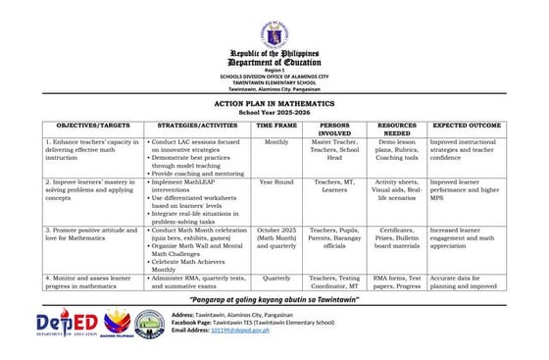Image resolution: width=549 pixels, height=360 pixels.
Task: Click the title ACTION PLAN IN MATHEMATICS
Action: [x=274, y=102]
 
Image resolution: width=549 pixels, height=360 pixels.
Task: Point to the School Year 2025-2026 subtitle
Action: [x=274, y=114]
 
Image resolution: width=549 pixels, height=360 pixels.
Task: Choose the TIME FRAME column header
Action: [x=276, y=127]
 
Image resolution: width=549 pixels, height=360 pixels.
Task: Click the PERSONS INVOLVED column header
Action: [x=335, y=130]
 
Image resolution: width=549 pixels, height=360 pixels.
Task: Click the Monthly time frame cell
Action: [x=276, y=142]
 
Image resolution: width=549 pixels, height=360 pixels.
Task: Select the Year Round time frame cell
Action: [x=276, y=182]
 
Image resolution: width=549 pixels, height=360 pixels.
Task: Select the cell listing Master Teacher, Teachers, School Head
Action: [x=335, y=149]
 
